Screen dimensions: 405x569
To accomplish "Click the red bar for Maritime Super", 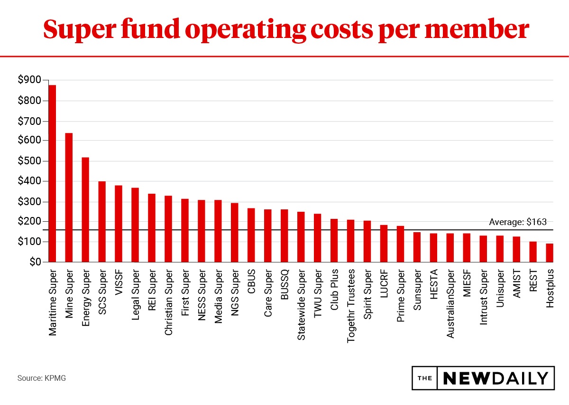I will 52,173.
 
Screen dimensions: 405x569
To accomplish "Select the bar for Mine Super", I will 69,198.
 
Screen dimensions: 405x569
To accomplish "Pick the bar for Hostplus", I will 550,253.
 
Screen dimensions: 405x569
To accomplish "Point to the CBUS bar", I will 251,235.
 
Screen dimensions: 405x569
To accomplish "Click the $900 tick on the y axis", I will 30,81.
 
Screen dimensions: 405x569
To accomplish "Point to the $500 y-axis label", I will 30,161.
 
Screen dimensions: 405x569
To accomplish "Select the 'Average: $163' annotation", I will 517,222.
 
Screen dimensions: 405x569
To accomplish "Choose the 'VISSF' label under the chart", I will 119,283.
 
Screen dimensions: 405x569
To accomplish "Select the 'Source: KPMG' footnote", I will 42,378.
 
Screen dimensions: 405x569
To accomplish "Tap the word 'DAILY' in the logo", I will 522,378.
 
